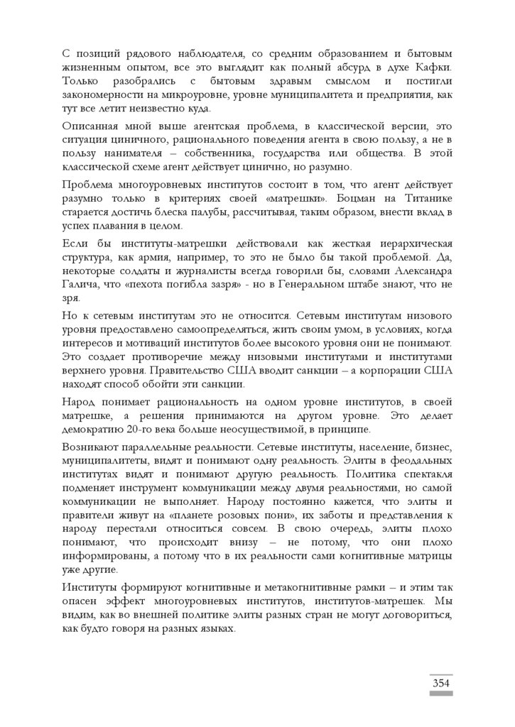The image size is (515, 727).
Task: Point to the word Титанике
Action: click(433, 199)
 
